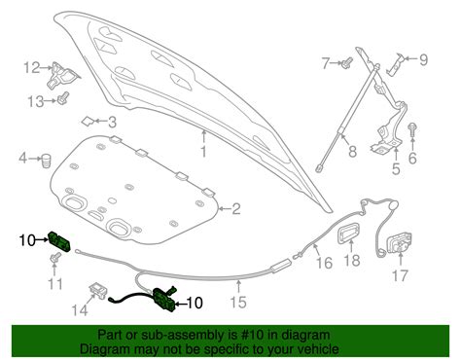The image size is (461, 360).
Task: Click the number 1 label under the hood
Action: pos(203,152)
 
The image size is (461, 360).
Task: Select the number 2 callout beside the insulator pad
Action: pos(235,209)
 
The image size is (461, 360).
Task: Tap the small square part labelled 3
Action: pos(88,122)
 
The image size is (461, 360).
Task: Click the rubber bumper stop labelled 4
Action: pos(47,160)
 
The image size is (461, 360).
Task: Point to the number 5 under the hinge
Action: pos(396,169)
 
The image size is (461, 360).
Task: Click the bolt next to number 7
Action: pos(347,62)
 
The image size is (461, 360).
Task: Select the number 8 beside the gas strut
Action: pos(352,151)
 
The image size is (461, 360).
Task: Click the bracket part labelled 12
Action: pos(62,76)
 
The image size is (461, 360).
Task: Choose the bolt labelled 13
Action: pos(63,98)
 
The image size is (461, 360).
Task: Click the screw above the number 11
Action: pos(55,258)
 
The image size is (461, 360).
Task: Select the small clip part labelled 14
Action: pos(98,290)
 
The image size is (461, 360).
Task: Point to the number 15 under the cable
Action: pos(238,303)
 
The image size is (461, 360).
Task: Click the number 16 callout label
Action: pos(324,263)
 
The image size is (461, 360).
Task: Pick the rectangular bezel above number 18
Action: pos(349,232)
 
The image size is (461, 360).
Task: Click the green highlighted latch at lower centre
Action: pos(164,299)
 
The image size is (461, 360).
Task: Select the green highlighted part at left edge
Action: pos(59,241)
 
